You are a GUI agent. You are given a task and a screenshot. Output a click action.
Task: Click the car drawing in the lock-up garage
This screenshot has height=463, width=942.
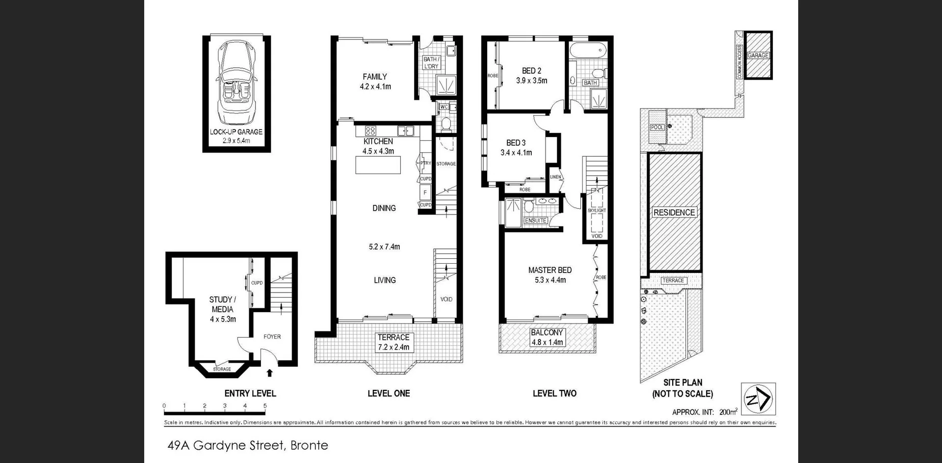coord(236,83)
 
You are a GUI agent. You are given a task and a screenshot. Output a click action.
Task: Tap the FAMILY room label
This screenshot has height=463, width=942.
coord(375,77)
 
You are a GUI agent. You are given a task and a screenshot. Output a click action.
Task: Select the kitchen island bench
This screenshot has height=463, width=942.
coord(378,165)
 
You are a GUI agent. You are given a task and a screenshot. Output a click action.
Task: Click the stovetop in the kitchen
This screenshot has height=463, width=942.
coord(370,131)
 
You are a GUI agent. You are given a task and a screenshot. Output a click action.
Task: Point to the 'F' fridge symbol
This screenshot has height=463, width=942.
coord(425,192)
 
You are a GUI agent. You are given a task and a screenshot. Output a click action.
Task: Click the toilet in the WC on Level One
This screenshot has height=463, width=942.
coord(445,123)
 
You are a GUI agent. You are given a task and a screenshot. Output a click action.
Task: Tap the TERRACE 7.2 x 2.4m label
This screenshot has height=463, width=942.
coord(393,342)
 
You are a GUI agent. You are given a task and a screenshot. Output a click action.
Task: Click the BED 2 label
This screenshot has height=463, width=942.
coord(531,71)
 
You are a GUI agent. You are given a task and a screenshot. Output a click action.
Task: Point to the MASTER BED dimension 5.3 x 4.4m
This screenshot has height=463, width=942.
coord(550,280)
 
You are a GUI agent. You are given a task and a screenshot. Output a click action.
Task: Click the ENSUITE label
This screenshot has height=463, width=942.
coord(535,220)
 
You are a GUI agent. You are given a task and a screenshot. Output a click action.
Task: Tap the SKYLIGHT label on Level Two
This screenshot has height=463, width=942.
coord(597,210)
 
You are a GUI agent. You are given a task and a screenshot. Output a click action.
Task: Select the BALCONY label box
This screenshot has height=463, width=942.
coord(547,337)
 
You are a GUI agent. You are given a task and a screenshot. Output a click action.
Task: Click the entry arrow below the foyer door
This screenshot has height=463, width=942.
coord(269,373)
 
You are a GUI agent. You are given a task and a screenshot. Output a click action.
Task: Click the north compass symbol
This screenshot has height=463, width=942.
coord(758,399)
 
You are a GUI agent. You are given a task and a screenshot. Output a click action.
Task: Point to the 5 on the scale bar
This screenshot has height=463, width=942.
coord(265,406)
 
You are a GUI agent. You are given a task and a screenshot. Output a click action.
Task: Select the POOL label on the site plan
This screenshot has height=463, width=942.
coord(657,127)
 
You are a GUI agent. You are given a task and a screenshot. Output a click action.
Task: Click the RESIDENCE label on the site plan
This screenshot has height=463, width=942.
coord(674,213)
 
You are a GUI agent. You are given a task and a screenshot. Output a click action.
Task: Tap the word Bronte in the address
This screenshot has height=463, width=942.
coord(309,445)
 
